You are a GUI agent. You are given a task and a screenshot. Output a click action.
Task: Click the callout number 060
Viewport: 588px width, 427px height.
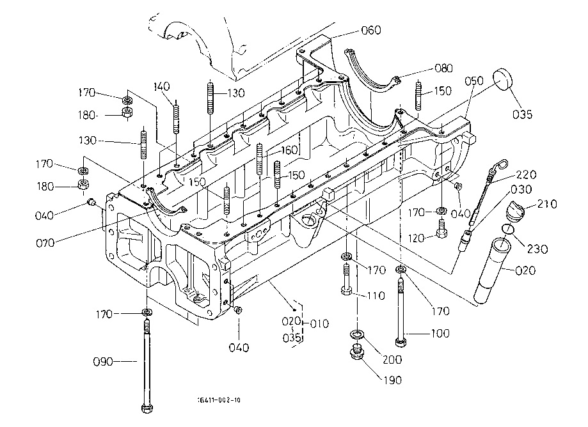click(370, 30)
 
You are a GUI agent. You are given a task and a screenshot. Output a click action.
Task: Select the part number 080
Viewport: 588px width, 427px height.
click(443, 68)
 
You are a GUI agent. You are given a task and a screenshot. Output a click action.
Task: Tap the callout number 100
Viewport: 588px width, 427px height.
click(441, 334)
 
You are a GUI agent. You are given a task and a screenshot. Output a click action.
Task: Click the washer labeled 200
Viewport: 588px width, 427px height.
click(356, 334)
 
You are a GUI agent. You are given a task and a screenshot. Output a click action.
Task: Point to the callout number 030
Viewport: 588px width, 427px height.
click(521, 190)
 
